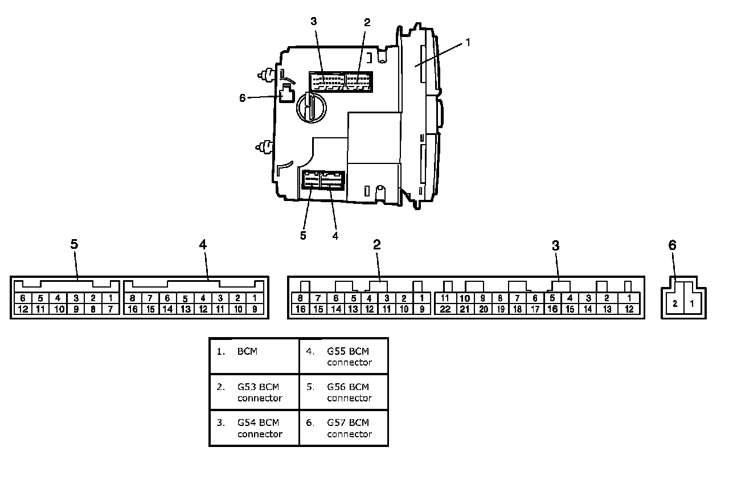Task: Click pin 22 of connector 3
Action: click(445, 309)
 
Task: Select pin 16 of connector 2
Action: click(300, 309)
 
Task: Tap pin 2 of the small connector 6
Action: click(675, 303)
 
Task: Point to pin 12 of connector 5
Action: click(23, 309)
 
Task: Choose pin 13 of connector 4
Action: click(186, 309)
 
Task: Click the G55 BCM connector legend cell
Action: click(343, 356)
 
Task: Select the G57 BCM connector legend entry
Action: click(343, 428)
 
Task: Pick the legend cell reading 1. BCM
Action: click(254, 356)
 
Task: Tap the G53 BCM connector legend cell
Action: click(254, 392)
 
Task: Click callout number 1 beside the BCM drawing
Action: click(468, 42)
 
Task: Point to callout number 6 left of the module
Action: click(242, 98)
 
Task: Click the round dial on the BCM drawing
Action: click(312, 108)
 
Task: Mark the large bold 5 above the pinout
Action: click(74, 244)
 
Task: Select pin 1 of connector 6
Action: click(692, 303)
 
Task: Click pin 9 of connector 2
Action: click(422, 309)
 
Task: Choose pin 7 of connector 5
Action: click(110, 309)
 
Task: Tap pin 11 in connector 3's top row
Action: click(445, 298)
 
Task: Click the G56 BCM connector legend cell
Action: click(343, 392)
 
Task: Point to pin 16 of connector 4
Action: click(133, 309)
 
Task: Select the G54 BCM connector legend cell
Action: click(254, 428)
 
